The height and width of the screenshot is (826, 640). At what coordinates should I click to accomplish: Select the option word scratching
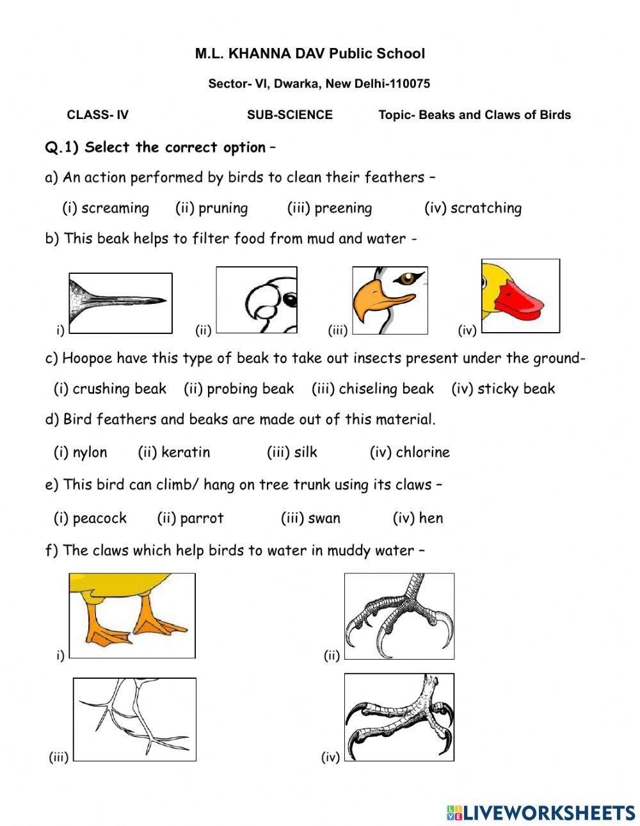[x=486, y=208]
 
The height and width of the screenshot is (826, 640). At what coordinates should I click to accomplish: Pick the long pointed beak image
[x=120, y=303]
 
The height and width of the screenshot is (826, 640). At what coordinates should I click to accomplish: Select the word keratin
[x=186, y=452]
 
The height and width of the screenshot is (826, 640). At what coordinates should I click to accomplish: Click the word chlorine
[x=422, y=452]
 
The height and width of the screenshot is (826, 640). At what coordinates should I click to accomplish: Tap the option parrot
[x=202, y=518]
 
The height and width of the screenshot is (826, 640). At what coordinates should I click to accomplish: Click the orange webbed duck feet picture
[x=132, y=615]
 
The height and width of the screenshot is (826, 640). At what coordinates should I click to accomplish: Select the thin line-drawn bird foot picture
[x=134, y=719]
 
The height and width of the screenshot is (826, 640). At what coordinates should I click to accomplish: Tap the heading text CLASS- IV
[x=97, y=115]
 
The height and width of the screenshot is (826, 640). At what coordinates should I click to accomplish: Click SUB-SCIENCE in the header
[x=289, y=115]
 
